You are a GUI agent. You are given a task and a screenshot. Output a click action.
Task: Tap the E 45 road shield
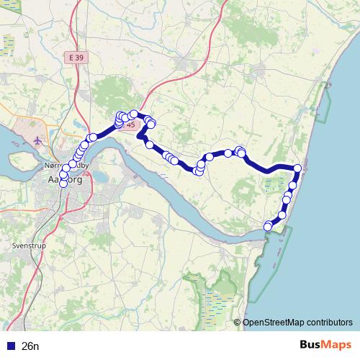130,125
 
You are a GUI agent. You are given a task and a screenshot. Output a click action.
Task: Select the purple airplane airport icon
37,139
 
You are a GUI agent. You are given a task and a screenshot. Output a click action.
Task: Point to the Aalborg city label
64,181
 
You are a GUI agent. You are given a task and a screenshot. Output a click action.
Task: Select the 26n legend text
30,346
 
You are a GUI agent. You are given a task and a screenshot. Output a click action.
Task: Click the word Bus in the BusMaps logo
311,344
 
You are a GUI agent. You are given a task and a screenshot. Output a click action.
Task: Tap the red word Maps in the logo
338,344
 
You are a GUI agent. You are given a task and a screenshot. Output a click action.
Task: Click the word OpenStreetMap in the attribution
274,323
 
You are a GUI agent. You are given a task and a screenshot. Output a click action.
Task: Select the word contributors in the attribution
330,323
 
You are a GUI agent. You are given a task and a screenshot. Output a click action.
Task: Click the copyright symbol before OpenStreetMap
237,323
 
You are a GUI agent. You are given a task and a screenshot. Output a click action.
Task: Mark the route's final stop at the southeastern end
268,227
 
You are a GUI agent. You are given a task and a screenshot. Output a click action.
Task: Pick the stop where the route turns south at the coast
297,168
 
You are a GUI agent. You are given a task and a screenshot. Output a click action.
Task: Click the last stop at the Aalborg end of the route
63,184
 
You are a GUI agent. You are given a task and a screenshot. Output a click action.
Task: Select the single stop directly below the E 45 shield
150,145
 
